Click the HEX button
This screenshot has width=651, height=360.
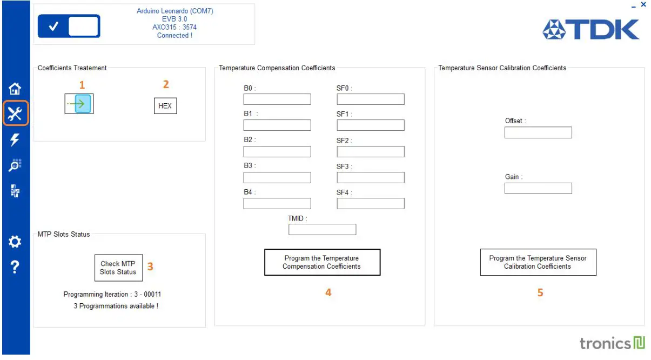pos(165,106)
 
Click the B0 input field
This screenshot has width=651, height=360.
pos(277,99)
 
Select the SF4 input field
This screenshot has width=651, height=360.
pos(371,204)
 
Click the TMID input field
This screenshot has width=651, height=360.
pos(322,230)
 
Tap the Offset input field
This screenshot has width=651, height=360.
pos(538,132)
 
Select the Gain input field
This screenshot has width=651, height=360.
pos(538,189)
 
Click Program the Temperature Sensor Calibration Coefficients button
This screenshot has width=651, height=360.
pos(538,263)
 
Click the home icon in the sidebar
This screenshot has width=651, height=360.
pos(15,89)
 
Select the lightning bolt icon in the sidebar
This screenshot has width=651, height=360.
pos(15,140)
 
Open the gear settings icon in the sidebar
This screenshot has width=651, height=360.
pos(15,242)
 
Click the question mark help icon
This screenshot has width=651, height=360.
pos(15,267)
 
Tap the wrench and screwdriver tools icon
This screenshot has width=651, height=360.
pos(15,114)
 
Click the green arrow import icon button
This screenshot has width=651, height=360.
pos(79,104)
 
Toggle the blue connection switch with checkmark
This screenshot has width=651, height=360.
pos(69,26)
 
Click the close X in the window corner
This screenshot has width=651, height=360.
pos(643,5)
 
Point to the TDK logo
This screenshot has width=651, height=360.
pos(591,30)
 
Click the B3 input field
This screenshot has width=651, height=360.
pos(277,178)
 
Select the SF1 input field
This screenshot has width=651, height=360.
pos(371,125)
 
